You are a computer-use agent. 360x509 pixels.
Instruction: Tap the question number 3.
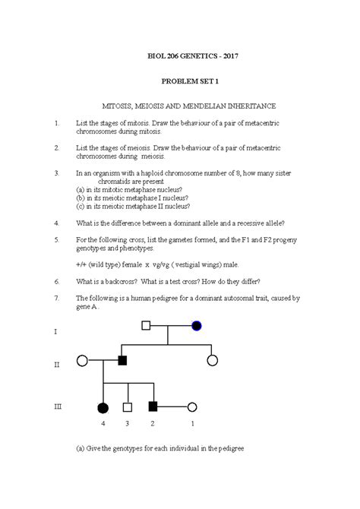[x=56, y=173]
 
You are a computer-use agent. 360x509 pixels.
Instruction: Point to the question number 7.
[x=56, y=299]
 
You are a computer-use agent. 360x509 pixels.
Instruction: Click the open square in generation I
[x=146, y=326]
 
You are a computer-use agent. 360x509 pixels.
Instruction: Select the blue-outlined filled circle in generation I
[x=197, y=326]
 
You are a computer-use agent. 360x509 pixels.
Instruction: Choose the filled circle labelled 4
[x=103, y=407]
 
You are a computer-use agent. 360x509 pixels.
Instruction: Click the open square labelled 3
[x=128, y=407]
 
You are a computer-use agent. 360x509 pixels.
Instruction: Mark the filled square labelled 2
[x=153, y=407]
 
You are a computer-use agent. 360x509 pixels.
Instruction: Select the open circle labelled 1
[x=192, y=407]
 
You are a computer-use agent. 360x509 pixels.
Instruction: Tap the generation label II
[x=56, y=365]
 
